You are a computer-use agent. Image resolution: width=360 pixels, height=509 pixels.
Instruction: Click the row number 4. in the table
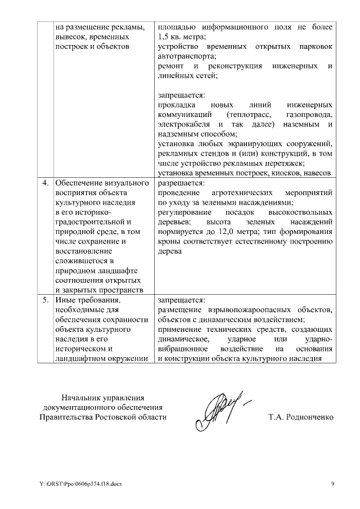(46, 183)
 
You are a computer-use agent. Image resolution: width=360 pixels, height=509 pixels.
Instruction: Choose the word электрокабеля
(184, 124)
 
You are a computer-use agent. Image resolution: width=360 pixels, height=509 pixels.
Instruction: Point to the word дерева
(170, 251)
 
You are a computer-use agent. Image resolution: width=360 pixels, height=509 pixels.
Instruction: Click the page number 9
(332, 484)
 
